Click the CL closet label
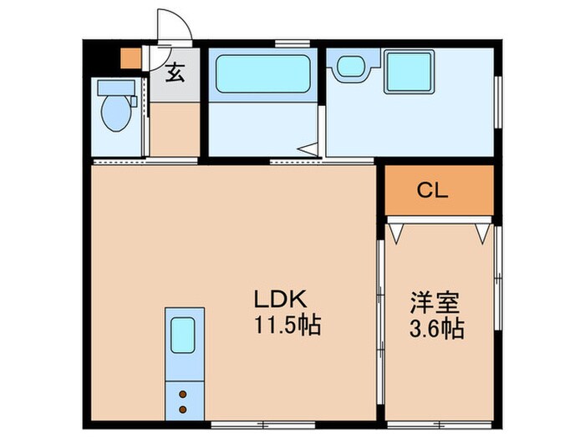(433, 190)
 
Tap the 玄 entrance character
(174, 73)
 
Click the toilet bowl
(115, 112)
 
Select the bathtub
(262, 73)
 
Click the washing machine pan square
(408, 71)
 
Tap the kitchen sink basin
(183, 336)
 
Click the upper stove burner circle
(182, 392)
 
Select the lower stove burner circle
(182, 409)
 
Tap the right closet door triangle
(482, 232)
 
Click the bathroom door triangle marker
(309, 150)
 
